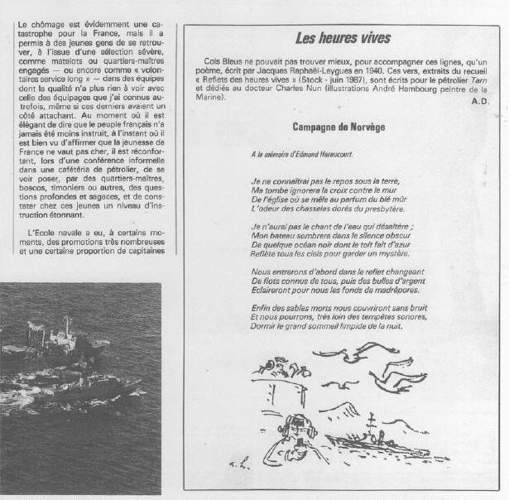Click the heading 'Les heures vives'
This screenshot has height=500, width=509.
click(x=343, y=39)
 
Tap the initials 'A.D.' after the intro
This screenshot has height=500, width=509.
click(x=481, y=101)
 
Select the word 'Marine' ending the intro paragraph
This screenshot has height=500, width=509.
click(x=210, y=101)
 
